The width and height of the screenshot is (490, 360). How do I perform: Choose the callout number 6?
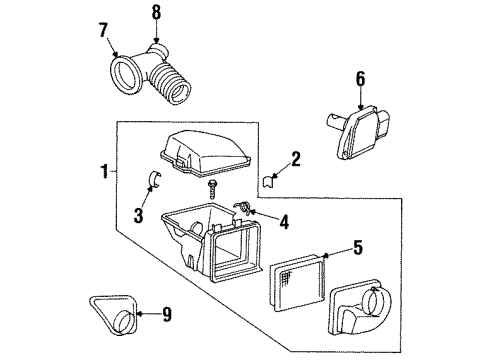click(x=361, y=76)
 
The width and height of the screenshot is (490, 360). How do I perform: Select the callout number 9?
click(x=168, y=317)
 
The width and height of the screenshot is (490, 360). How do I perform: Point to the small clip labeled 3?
click(x=155, y=180)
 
